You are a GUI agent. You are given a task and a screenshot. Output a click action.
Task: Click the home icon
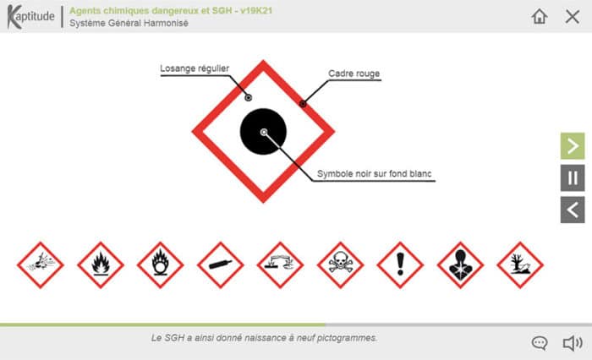click(x=540, y=16)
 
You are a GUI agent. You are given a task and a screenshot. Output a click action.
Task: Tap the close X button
click(x=572, y=16)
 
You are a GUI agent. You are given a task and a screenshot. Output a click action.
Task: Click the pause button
click(x=573, y=177)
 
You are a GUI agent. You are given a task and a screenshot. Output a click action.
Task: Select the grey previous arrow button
click(x=573, y=209)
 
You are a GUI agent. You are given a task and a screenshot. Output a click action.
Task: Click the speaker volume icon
click(x=573, y=342)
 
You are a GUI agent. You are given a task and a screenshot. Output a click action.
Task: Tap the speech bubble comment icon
click(x=540, y=342)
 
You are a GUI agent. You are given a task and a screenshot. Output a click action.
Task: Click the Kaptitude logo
click(x=30, y=16)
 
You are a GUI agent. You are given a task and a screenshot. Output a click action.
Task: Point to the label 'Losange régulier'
click(x=195, y=69)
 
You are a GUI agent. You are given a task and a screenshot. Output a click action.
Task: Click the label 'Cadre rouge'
click(x=355, y=74)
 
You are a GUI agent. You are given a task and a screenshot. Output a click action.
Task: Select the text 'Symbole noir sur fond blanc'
click(x=375, y=175)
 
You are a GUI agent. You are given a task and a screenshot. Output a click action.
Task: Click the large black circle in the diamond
click(x=264, y=132)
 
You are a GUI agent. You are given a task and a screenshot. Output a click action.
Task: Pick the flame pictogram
click(x=101, y=265)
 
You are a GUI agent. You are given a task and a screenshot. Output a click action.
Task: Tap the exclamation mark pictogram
click(x=400, y=265)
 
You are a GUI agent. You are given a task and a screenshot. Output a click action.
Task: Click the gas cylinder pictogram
click(x=221, y=265)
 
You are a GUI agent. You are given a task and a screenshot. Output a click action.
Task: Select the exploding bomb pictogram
click(x=41, y=265)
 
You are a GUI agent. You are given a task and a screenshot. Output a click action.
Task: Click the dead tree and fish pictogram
click(x=520, y=265)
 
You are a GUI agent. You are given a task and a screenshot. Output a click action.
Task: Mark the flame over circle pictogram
click(x=161, y=265)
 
